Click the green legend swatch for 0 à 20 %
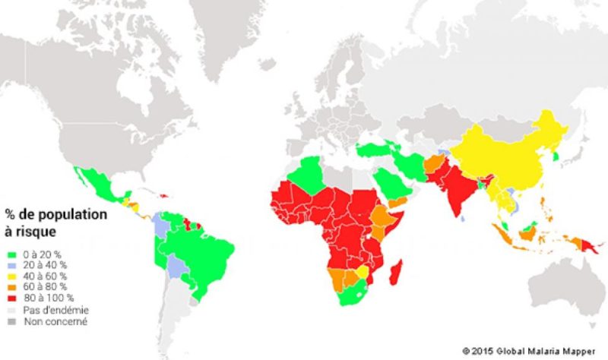[11, 254]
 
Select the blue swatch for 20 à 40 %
[11, 265]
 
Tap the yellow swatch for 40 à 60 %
[11, 276]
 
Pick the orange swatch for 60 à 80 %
[11, 287]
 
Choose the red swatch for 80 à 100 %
[11, 298]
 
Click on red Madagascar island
[397, 271]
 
